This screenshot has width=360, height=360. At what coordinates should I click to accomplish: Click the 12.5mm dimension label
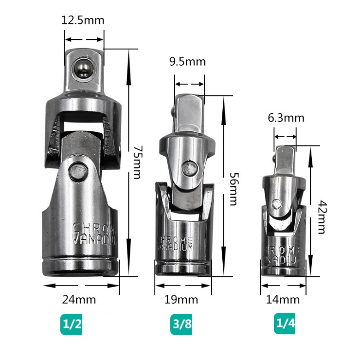[x=83, y=21]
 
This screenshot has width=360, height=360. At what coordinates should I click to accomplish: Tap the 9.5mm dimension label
[x=187, y=62]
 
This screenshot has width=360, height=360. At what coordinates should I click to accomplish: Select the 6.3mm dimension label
[x=286, y=118]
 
